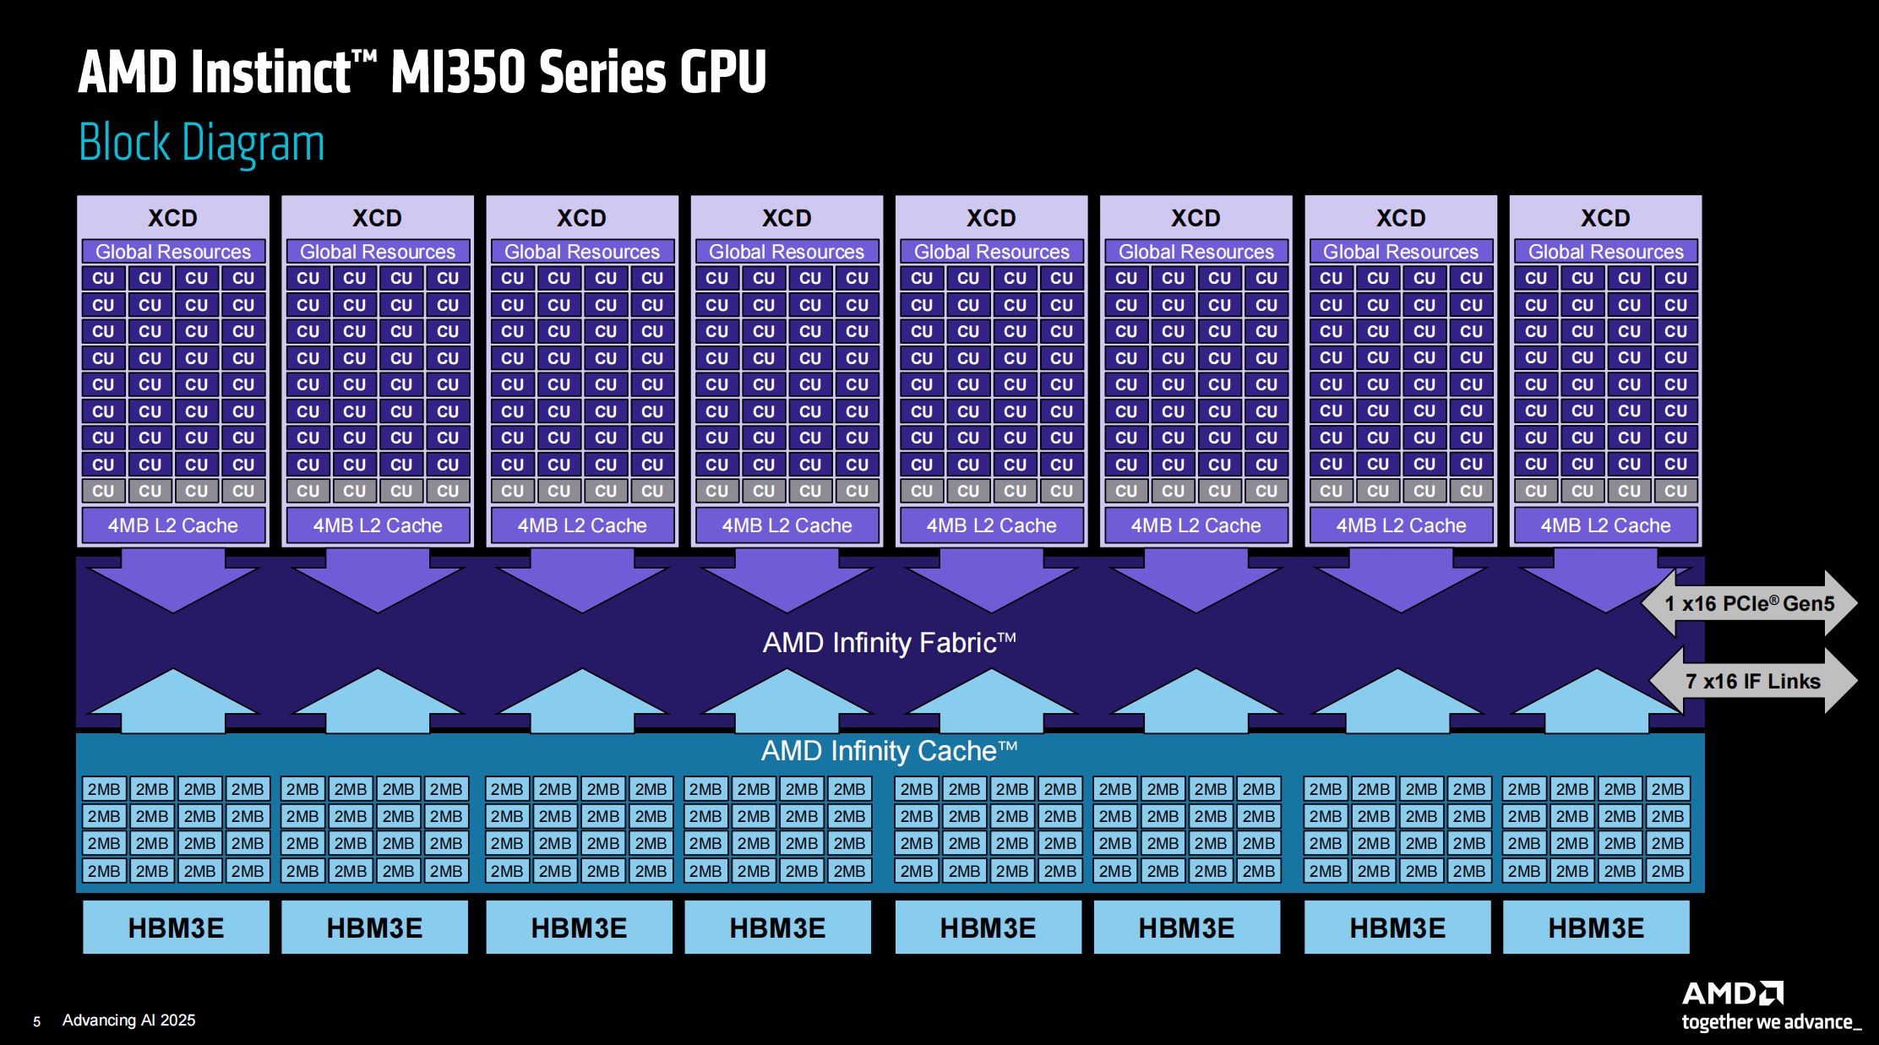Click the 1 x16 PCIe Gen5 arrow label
point(1749,603)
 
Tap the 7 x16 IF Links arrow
point(1752,681)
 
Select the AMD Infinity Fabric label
point(889,643)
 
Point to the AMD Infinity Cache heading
point(889,750)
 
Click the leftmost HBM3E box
point(176,928)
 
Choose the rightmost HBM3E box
point(1596,928)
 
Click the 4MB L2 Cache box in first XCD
point(173,525)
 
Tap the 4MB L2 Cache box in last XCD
point(1605,525)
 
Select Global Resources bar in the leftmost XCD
point(173,252)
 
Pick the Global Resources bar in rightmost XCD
point(1605,252)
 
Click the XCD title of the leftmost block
point(173,218)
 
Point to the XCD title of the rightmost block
point(1605,218)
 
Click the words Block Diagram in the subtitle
point(202,142)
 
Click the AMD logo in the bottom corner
point(1732,993)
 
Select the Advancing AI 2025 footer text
point(128,1021)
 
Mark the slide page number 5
point(36,1021)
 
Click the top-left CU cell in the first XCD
point(103,278)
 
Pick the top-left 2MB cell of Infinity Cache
point(104,789)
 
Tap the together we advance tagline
point(1771,1022)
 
